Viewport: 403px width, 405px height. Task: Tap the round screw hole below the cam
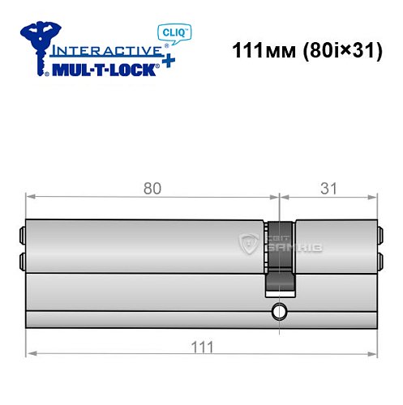[x=280, y=311]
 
